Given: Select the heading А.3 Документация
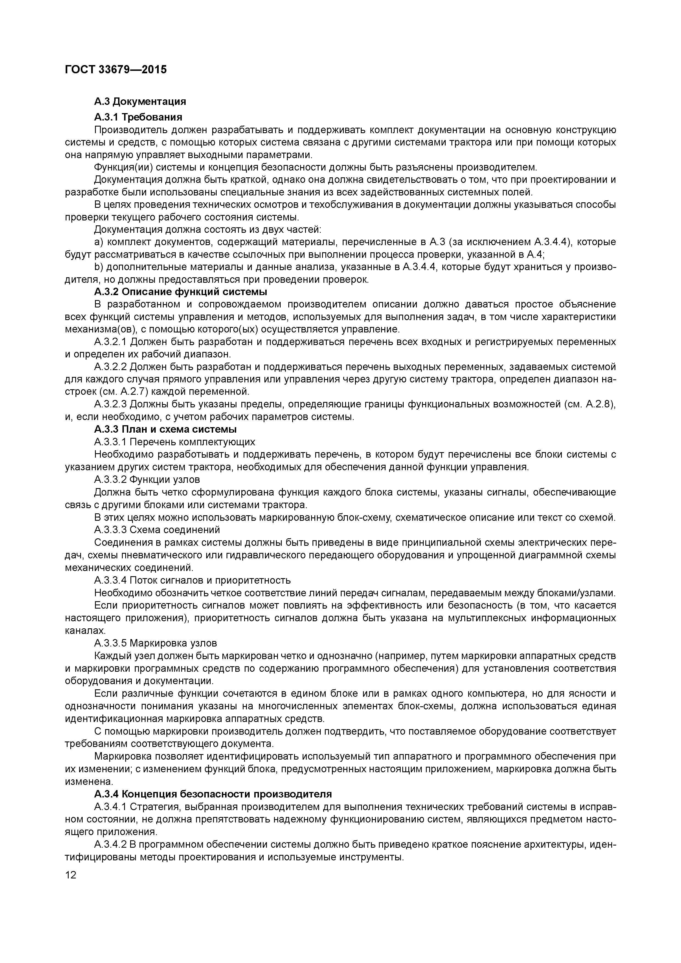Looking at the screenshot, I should [x=140, y=102].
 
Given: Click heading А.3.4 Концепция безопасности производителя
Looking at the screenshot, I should [x=213, y=794].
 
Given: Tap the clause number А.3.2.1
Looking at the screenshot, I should [x=110, y=342].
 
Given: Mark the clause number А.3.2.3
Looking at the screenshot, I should [x=110, y=404].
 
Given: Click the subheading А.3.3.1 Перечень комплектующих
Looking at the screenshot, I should [x=175, y=442].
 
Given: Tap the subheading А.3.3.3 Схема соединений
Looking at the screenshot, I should [x=157, y=530].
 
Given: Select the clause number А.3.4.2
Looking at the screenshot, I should [x=110, y=844].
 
